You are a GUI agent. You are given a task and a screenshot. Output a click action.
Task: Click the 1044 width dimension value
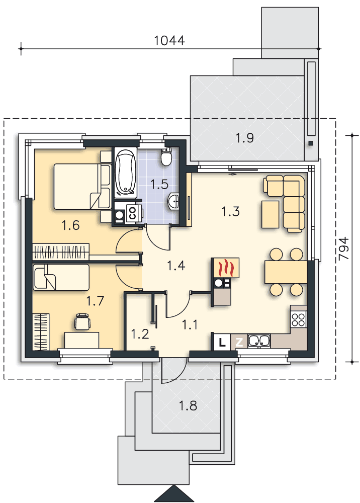[169, 41]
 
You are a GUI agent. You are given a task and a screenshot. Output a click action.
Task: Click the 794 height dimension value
[343, 248]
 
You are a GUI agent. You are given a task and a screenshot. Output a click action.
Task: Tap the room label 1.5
[159, 185]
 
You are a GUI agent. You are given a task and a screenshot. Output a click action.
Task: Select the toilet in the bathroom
[166, 156]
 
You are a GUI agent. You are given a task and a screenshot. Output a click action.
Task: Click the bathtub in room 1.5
[126, 173]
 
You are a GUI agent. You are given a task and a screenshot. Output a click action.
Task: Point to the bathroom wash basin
[174, 202]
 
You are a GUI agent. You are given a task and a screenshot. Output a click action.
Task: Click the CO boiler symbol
[133, 213]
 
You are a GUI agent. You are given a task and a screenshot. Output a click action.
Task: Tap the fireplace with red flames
[225, 267]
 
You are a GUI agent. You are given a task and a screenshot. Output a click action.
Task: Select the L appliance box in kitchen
[222, 342]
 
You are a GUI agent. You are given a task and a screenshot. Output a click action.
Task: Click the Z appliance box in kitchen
[239, 342]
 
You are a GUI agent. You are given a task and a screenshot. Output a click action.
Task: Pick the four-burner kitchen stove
[299, 319]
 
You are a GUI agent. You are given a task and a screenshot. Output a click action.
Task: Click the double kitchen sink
[259, 341]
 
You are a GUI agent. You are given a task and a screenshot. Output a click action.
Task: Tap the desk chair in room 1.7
[82, 322]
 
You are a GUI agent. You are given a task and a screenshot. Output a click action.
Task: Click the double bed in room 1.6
[82, 187]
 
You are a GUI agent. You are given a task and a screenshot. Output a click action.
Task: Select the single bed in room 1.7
[61, 277]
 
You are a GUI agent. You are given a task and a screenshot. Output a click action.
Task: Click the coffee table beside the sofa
[270, 214]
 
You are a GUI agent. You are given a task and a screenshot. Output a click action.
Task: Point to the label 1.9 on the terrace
[244, 138]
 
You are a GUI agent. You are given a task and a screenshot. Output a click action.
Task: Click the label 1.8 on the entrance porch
[188, 406]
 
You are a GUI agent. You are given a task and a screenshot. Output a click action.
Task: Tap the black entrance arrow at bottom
[174, 493]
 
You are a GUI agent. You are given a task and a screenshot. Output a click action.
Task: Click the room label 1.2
[140, 334]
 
